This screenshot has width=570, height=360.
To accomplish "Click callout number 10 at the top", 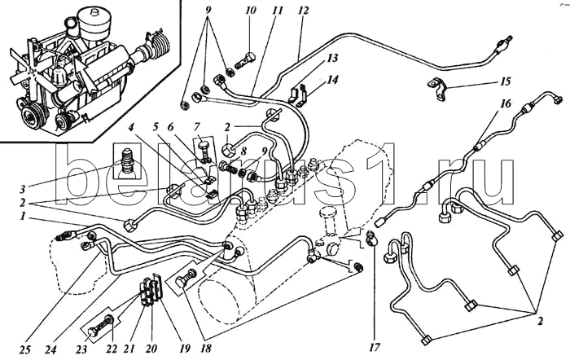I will tap(250, 11).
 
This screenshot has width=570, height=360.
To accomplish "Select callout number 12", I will tap(303, 11).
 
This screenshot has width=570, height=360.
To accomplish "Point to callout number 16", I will tap(506, 106).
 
